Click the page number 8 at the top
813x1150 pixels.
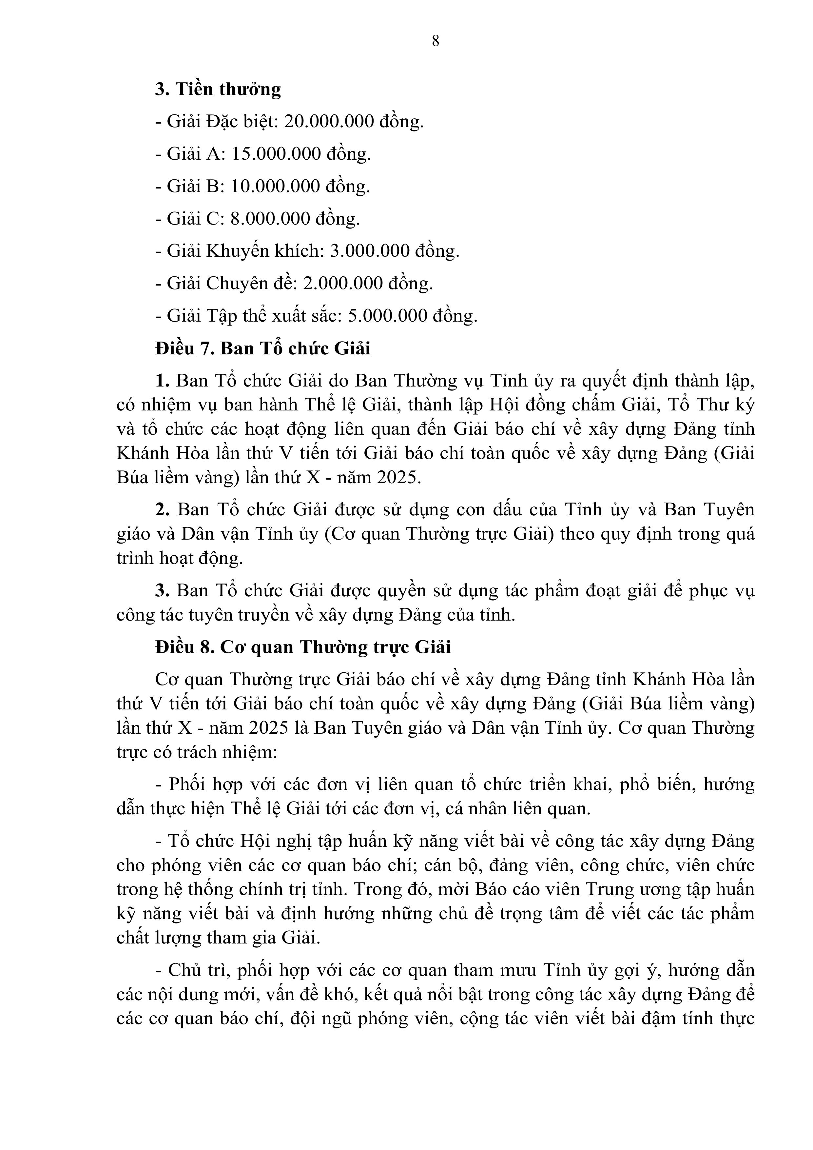click(435, 41)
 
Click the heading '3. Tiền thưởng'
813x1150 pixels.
click(218, 89)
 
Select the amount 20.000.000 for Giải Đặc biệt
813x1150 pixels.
click(329, 121)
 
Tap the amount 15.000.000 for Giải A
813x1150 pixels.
click(276, 154)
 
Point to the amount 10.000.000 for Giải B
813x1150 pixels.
click(275, 186)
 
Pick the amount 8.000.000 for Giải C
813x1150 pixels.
click(270, 218)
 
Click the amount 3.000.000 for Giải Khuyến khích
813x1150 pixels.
click(369, 251)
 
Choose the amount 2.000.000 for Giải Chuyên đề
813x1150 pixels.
click(343, 284)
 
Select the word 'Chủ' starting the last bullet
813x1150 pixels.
click(183, 970)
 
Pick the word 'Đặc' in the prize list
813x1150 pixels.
click(221, 121)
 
